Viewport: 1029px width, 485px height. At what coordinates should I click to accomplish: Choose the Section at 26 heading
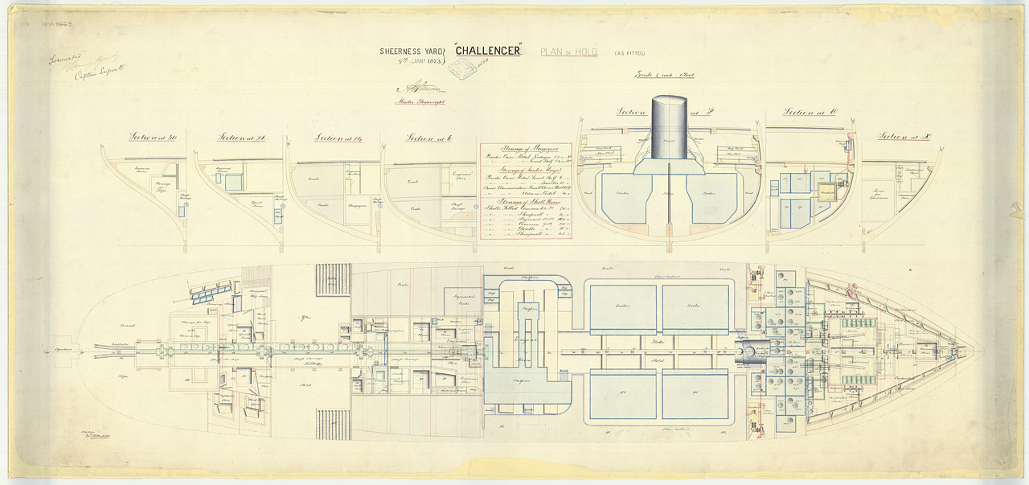coord(242,138)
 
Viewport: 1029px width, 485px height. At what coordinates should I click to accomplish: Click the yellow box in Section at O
coord(826,193)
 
